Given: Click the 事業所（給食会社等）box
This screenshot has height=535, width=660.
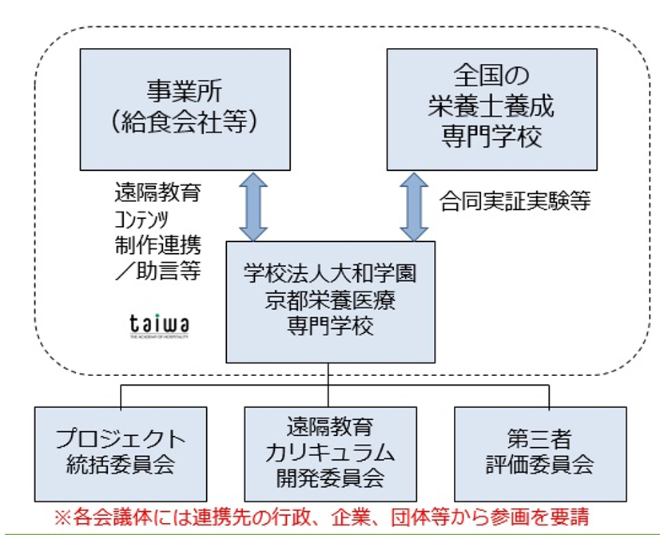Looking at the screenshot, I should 185,109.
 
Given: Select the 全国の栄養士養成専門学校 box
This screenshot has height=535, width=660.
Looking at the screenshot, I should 491,109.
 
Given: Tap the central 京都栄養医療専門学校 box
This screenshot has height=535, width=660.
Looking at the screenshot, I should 330,302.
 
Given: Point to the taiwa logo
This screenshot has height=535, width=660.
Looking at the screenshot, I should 159,326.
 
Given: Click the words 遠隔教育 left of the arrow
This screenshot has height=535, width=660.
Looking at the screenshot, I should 157,192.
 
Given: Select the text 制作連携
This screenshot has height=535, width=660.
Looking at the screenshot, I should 157,244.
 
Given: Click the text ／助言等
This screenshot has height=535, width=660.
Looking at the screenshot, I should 157,270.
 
